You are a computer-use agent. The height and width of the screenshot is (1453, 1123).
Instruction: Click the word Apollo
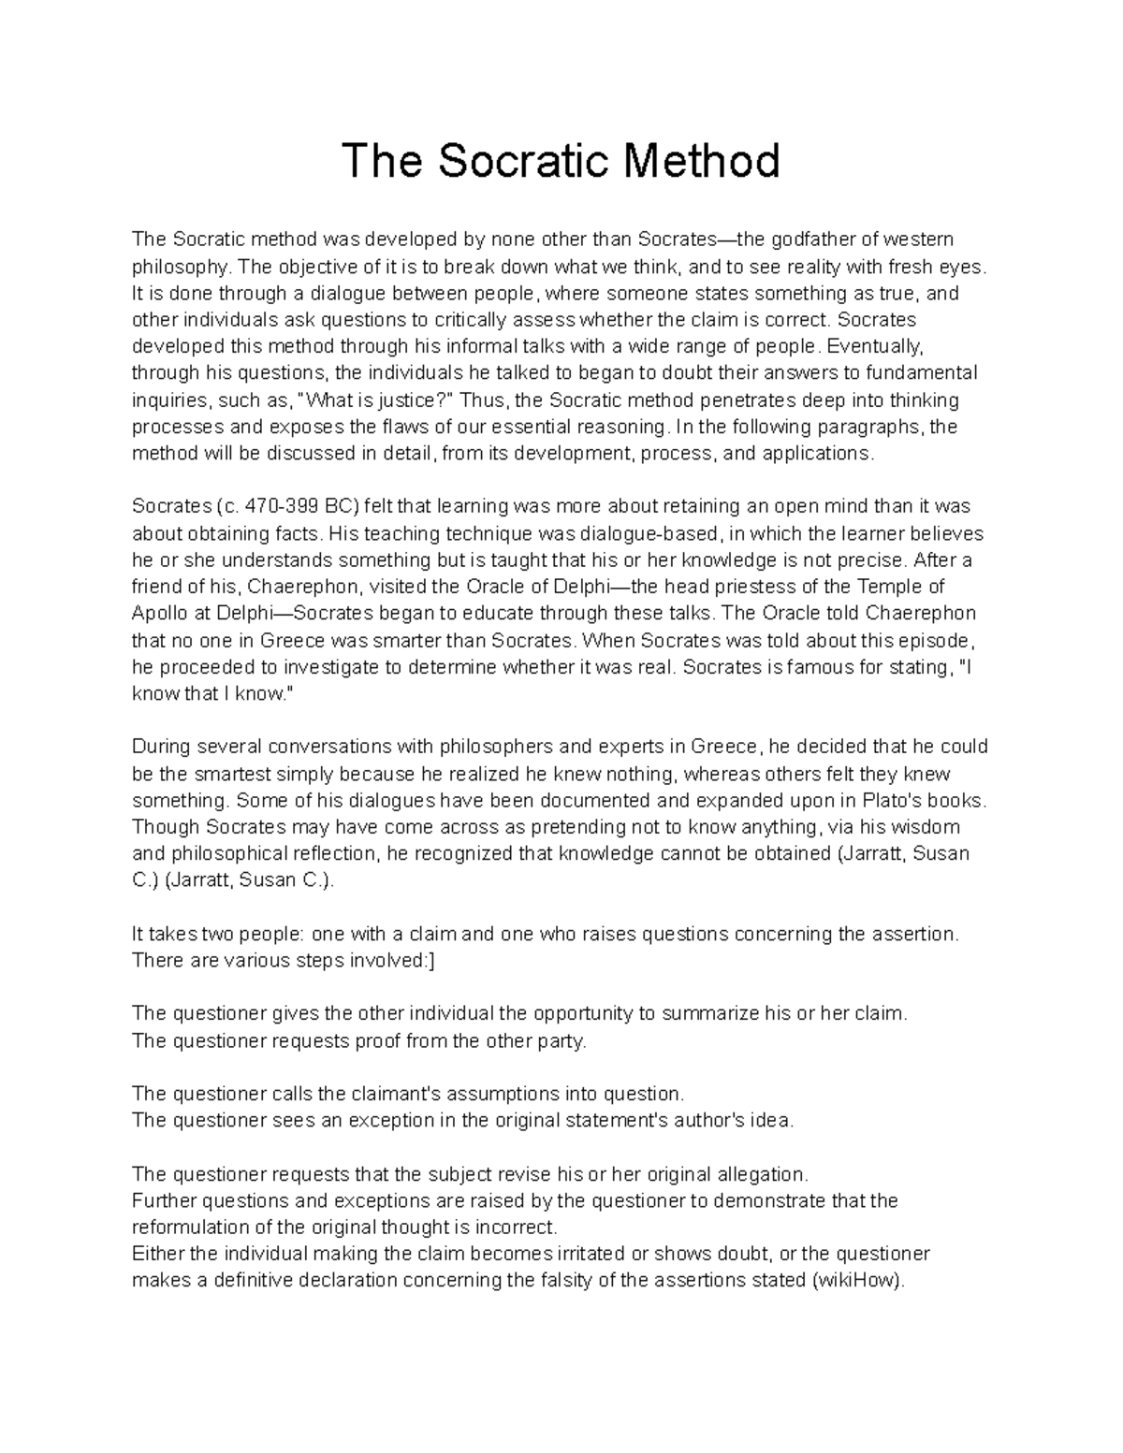(x=160, y=614)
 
